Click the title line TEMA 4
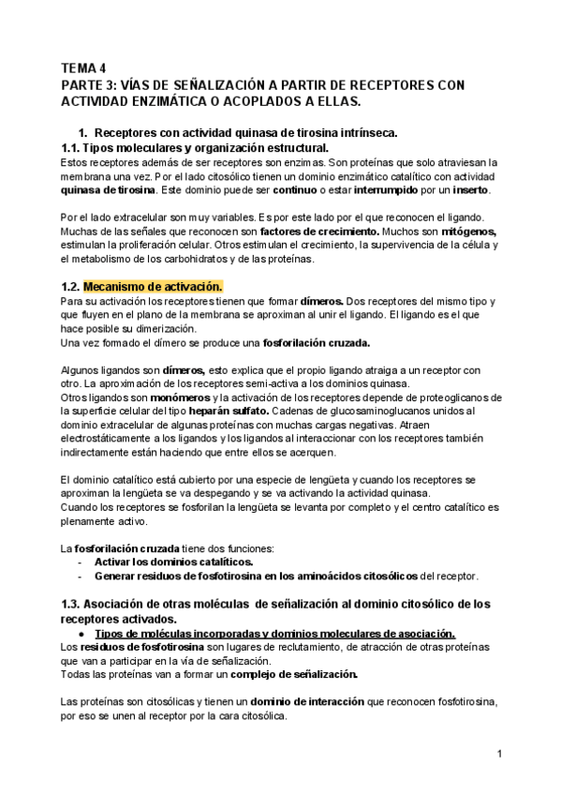coord(83,68)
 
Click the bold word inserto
coord(466,190)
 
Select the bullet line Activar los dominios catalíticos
coord(174,562)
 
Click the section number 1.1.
coord(69,148)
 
